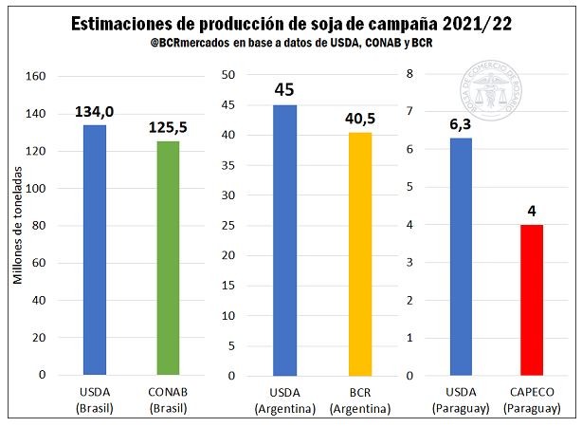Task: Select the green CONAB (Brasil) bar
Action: coord(167,257)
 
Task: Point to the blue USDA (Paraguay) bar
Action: coord(461,256)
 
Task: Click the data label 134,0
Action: coord(95,112)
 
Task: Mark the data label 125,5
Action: coord(167,127)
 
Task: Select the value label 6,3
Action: coord(461,123)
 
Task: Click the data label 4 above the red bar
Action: coord(533,210)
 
